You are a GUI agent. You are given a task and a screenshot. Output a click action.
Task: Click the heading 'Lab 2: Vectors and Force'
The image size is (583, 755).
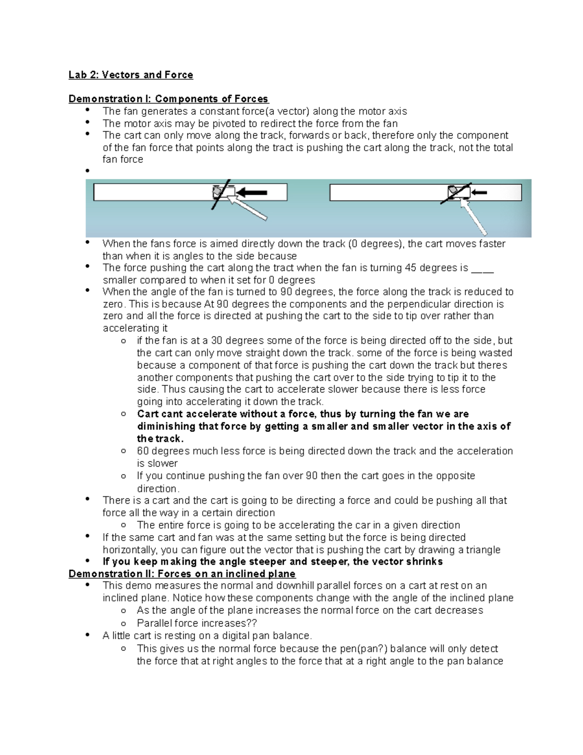tap(131, 75)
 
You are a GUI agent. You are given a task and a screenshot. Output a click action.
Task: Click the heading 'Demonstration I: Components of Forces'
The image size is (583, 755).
tap(168, 99)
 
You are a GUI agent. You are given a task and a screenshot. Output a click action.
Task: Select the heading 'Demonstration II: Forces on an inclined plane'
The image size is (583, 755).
tap(182, 574)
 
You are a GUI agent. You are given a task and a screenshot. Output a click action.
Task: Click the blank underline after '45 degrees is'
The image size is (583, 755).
tap(482, 268)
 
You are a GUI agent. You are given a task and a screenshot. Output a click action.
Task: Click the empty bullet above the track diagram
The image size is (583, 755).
tap(87, 171)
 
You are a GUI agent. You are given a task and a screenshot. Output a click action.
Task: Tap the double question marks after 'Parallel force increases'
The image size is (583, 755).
tap(252, 623)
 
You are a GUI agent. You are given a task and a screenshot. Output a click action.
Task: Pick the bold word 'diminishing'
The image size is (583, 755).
tap(165, 427)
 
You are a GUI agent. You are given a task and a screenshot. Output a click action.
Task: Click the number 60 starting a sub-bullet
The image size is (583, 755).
tap(142, 451)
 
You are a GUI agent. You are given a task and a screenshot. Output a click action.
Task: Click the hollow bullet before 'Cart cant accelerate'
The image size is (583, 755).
tap(124, 414)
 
